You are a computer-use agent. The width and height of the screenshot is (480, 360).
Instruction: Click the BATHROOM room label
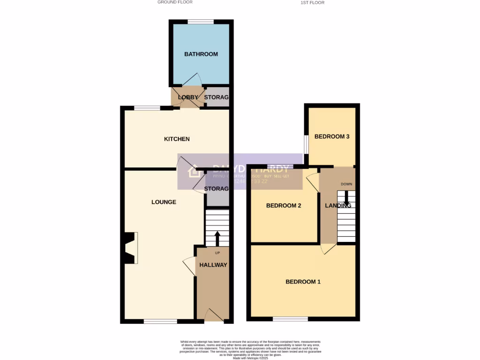(201, 54)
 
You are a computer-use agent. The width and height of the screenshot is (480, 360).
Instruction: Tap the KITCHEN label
(177, 139)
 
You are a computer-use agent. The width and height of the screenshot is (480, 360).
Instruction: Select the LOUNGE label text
(164, 202)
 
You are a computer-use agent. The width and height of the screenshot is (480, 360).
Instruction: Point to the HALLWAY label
(213, 265)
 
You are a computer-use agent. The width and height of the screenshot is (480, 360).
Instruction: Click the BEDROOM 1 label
(303, 282)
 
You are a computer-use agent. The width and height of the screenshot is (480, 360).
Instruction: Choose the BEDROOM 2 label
(284, 206)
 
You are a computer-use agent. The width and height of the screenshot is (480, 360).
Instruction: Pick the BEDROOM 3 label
(332, 137)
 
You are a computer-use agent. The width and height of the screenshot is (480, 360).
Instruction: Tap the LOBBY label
(188, 97)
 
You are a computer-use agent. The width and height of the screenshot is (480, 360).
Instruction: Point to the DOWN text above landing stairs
(346, 184)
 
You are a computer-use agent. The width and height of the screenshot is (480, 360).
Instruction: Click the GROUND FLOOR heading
(175, 2)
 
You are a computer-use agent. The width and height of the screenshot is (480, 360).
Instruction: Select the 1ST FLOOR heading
(313, 3)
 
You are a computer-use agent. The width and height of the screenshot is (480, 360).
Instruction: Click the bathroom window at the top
(201, 22)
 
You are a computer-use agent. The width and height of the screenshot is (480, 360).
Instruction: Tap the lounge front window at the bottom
(160, 322)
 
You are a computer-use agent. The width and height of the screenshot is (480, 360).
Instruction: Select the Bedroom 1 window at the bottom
(291, 319)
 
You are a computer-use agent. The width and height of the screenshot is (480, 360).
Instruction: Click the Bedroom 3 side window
(306, 144)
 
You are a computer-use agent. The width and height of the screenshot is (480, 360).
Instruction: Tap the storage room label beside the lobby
(217, 97)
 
